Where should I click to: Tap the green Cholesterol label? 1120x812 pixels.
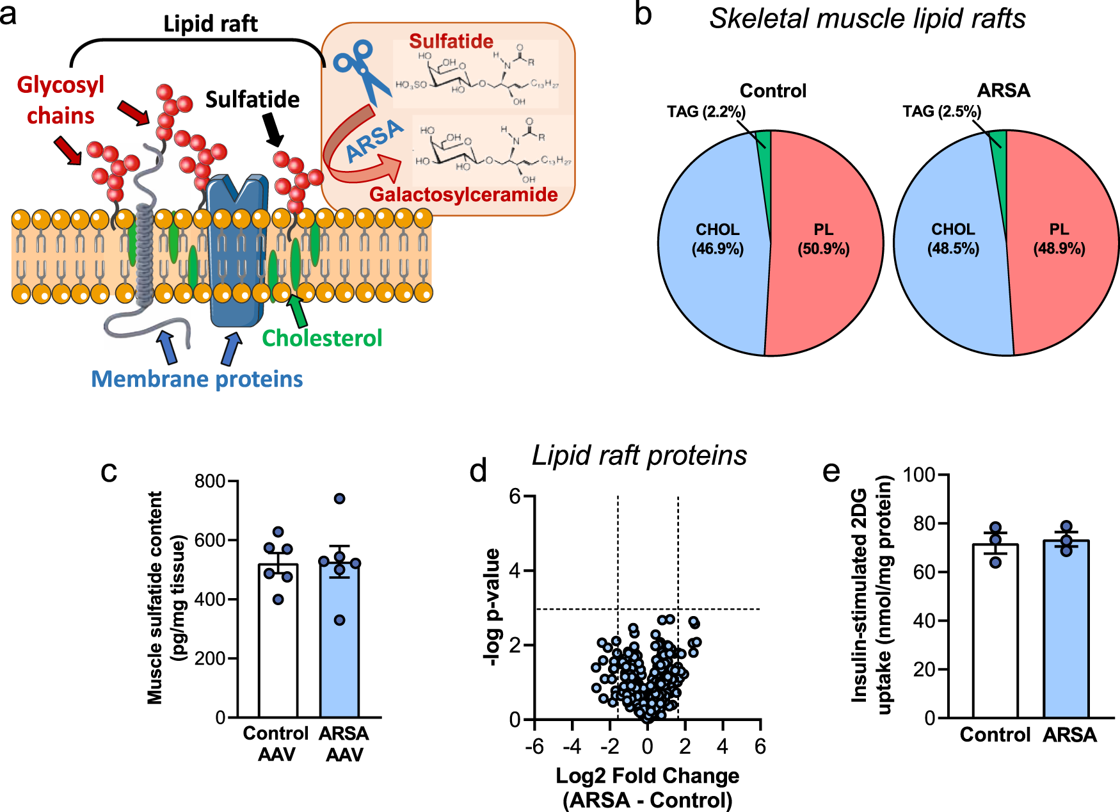pyautogui.click(x=322, y=338)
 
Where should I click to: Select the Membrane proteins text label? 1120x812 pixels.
pyautogui.click(x=196, y=379)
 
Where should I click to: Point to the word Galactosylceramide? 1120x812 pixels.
pyautogui.click(x=463, y=195)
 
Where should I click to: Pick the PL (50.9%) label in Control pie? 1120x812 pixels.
pyautogui.click(x=823, y=239)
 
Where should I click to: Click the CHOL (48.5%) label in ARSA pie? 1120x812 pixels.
pyautogui.click(x=953, y=239)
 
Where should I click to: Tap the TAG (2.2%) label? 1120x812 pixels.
pyautogui.click(x=706, y=112)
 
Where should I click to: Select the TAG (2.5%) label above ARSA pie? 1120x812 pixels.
pyautogui.click(x=941, y=112)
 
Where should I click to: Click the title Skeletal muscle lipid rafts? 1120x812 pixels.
pyautogui.click(x=867, y=19)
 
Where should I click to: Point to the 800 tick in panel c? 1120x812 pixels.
pyautogui.click(x=210, y=481)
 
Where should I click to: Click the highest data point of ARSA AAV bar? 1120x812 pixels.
pyautogui.click(x=340, y=498)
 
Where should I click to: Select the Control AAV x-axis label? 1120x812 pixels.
pyautogui.click(x=276, y=743)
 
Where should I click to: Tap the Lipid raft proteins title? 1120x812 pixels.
pyautogui.click(x=639, y=456)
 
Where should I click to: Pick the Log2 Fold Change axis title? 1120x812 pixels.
pyautogui.click(x=647, y=775)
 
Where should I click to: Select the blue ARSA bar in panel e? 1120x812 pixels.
pyautogui.click(x=1066, y=631)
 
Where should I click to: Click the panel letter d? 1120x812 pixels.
pyautogui.click(x=478, y=471)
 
